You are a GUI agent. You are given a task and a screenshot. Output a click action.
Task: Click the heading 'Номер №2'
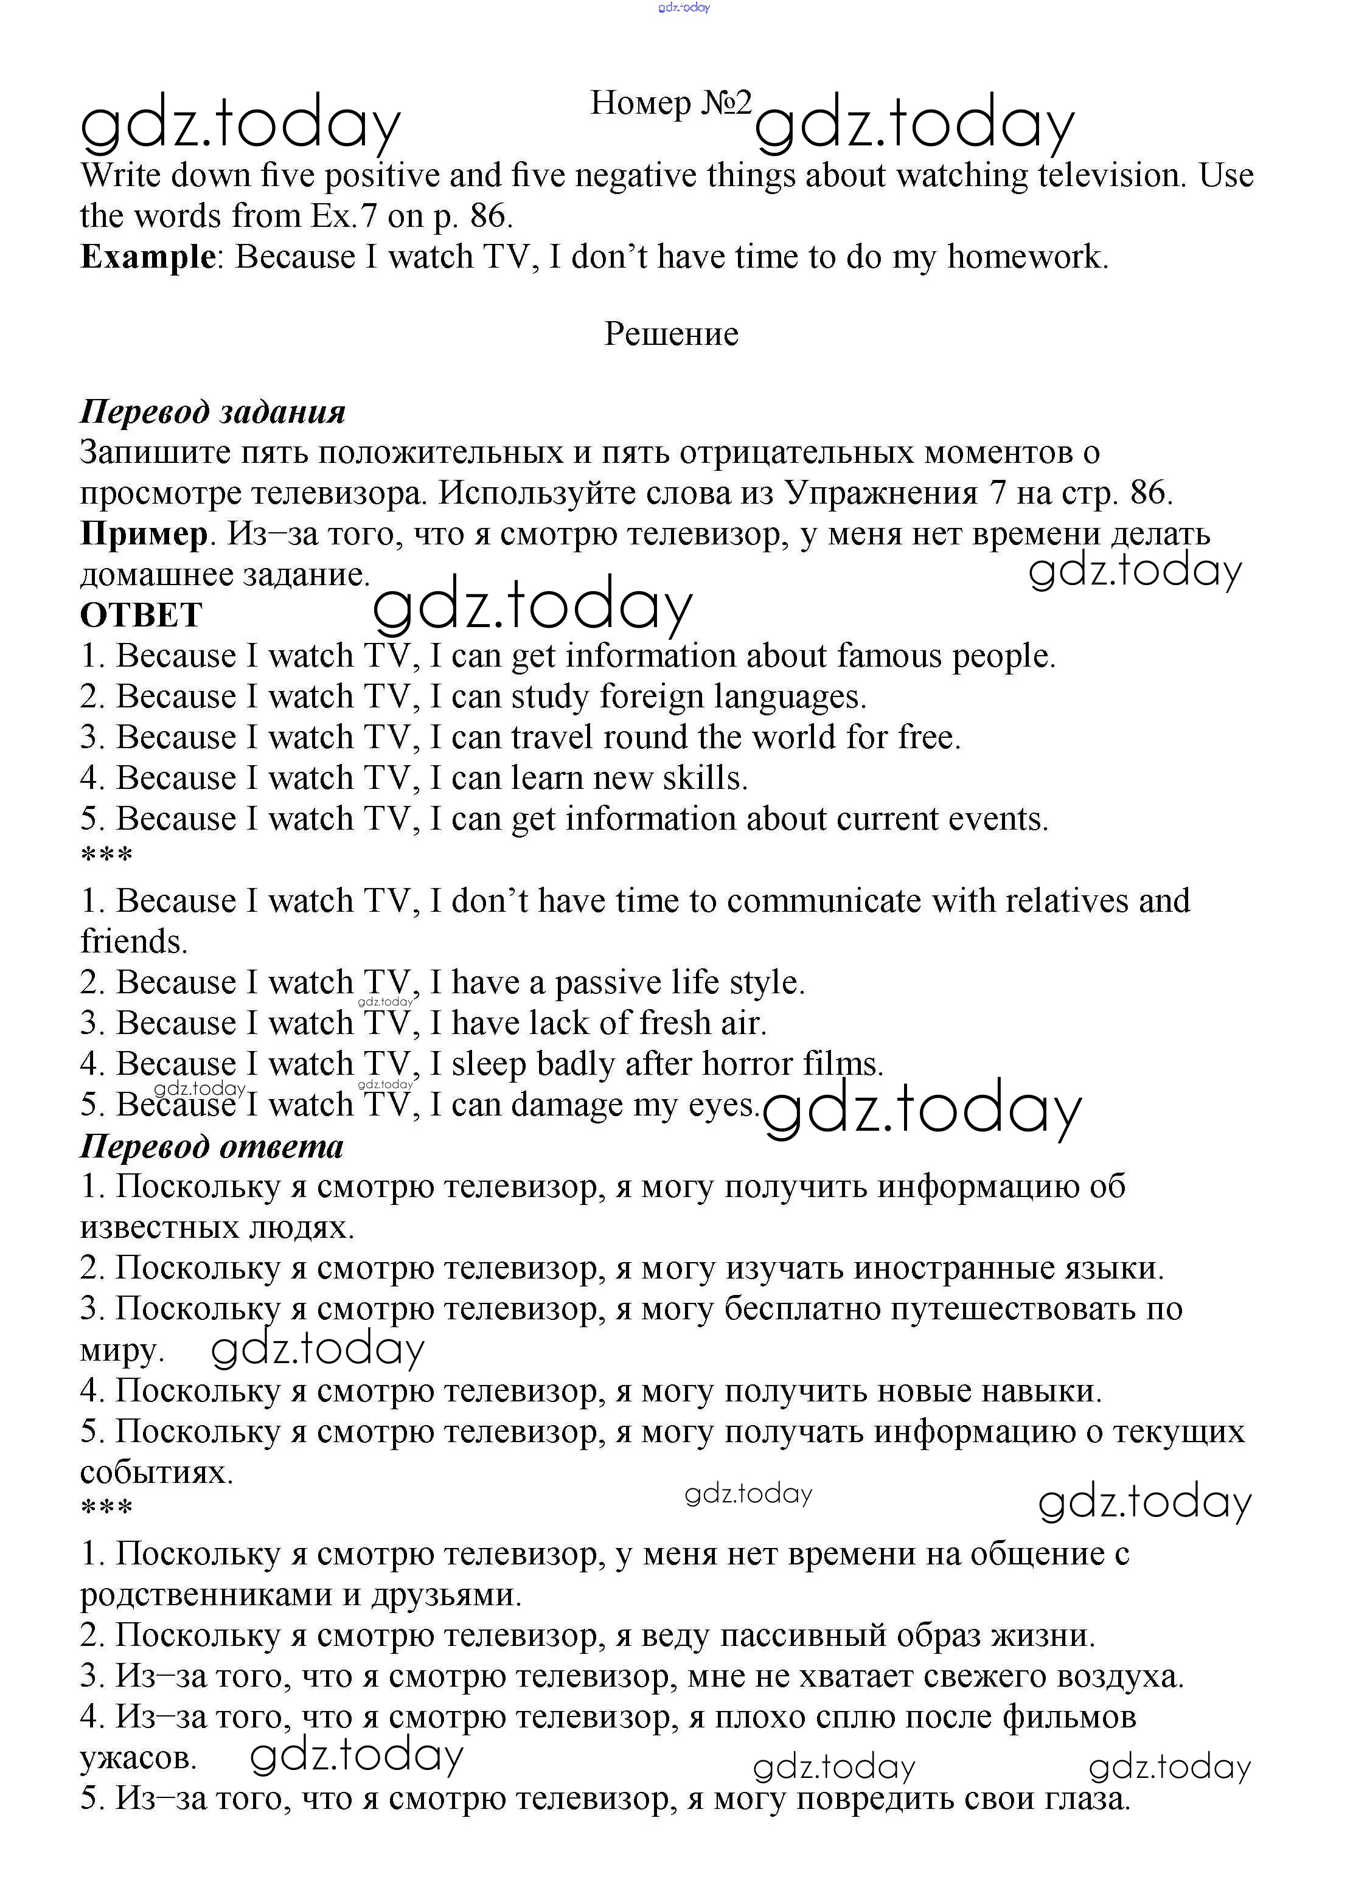671,103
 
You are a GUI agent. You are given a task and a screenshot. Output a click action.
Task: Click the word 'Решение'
671,334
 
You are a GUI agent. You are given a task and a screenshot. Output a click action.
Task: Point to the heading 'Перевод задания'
212,412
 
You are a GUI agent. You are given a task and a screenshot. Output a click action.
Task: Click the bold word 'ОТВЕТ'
141,615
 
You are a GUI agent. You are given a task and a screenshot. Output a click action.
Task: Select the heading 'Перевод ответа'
211,1145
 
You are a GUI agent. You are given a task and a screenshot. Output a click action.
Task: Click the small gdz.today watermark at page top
684,7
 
